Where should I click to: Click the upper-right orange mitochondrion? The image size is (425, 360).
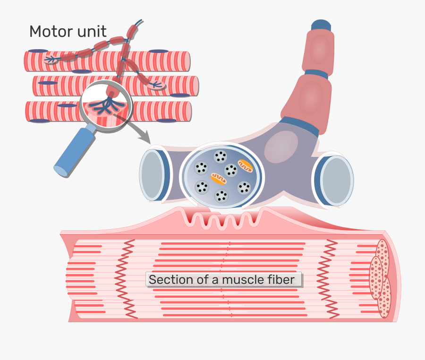(x=246, y=165)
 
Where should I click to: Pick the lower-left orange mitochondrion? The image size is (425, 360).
(x=219, y=178)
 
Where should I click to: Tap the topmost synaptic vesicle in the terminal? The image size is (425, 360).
(x=220, y=156)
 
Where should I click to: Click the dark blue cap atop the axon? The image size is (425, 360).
(x=321, y=26)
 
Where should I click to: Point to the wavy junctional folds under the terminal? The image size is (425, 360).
(x=224, y=219)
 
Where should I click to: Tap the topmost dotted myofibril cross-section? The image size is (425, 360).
(x=382, y=253)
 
